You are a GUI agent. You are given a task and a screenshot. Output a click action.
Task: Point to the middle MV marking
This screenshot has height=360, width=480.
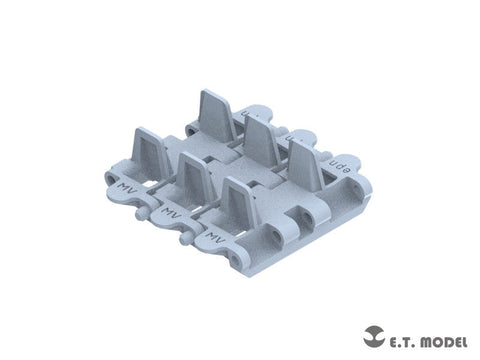click(169, 213)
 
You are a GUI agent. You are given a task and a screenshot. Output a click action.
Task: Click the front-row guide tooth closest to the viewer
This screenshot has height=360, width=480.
click(236, 204)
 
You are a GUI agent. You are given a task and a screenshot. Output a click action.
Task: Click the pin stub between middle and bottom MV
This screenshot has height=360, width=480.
click(183, 240)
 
